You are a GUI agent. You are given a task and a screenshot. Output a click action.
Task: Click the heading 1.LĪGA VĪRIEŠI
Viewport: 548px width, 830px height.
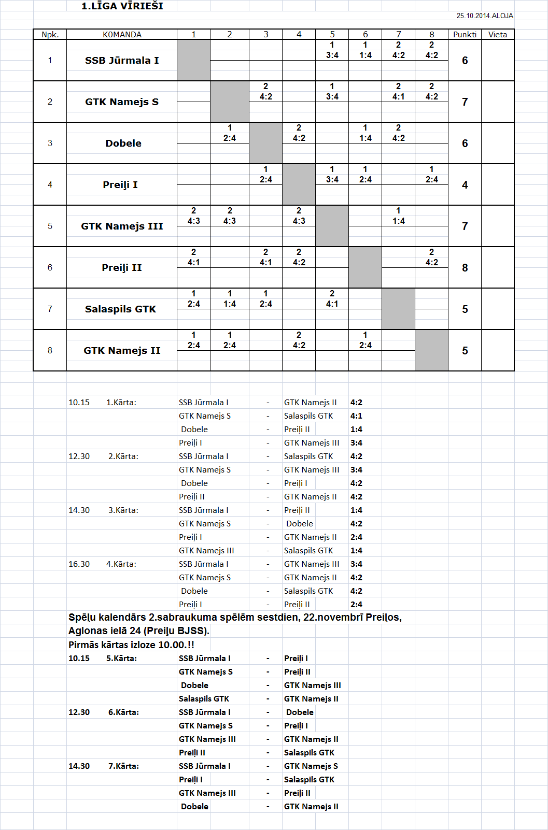tap(122, 6)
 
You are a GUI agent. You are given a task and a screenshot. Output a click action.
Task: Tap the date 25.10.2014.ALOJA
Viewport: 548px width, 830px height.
tap(485, 16)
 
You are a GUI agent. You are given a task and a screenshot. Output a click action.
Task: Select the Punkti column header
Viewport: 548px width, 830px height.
tap(465, 35)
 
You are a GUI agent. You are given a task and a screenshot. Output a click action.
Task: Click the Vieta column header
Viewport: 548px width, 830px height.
tap(498, 35)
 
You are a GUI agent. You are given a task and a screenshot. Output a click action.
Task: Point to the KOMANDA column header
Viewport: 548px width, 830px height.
tap(122, 35)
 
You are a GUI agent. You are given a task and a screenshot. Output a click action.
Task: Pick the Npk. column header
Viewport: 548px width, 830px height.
tap(50, 35)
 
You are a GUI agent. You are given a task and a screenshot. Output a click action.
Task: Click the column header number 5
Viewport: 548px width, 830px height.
tap(332, 35)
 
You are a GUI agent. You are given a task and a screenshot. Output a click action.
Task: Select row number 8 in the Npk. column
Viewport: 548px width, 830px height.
tap(50, 350)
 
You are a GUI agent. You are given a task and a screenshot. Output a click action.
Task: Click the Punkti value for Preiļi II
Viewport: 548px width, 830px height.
tap(465, 268)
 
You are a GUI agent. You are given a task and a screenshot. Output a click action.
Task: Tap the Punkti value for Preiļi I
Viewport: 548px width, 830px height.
tap(465, 185)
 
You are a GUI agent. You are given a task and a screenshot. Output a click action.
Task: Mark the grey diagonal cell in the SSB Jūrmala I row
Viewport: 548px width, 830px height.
tap(193, 60)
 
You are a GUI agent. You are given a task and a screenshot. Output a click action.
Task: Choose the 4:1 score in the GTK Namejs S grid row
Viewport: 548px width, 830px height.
tap(398, 97)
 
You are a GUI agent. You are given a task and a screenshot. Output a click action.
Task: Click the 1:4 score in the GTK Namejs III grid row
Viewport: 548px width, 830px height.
tap(398, 221)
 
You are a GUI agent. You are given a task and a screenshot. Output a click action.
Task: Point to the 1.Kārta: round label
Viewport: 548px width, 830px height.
tap(121, 403)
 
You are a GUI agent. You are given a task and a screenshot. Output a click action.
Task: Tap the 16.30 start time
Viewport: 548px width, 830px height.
tap(79, 564)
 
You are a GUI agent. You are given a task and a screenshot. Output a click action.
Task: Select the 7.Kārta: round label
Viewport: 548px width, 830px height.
tap(123, 766)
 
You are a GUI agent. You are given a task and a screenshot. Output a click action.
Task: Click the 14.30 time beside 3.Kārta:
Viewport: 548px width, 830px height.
tap(79, 510)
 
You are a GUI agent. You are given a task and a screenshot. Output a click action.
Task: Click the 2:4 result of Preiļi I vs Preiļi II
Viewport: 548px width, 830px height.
tap(356, 605)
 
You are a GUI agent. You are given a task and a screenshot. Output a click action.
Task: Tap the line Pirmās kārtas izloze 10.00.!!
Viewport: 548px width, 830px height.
tap(131, 645)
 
